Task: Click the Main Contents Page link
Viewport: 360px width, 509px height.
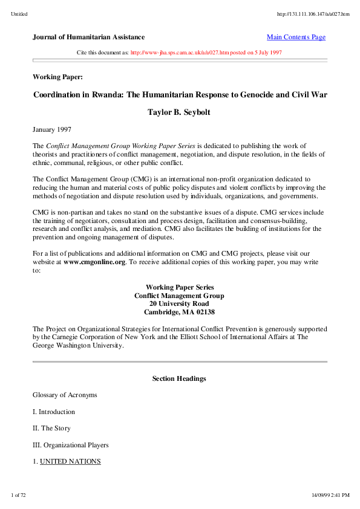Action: click(x=296, y=37)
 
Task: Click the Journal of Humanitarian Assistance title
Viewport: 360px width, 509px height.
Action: click(x=88, y=37)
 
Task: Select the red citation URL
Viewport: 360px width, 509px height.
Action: click(x=179, y=53)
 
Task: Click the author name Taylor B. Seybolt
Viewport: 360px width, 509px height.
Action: click(x=180, y=112)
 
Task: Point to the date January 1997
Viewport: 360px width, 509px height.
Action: click(x=52, y=129)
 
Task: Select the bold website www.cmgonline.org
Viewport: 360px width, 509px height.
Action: click(x=94, y=262)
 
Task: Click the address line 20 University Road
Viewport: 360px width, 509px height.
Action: click(x=179, y=304)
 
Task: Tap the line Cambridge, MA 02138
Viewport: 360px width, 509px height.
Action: click(x=179, y=313)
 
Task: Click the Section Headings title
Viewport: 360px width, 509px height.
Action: click(x=179, y=378)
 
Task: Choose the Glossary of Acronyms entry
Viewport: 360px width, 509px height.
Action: click(x=65, y=395)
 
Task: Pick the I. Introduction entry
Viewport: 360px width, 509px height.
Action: click(x=54, y=412)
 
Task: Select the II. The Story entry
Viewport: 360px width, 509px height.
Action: click(x=51, y=428)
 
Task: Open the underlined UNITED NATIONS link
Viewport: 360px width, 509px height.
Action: click(x=70, y=461)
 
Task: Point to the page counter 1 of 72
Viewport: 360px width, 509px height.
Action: click(x=18, y=495)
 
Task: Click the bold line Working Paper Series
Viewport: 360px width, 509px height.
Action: click(x=179, y=287)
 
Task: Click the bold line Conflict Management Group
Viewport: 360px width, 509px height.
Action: click(x=179, y=296)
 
